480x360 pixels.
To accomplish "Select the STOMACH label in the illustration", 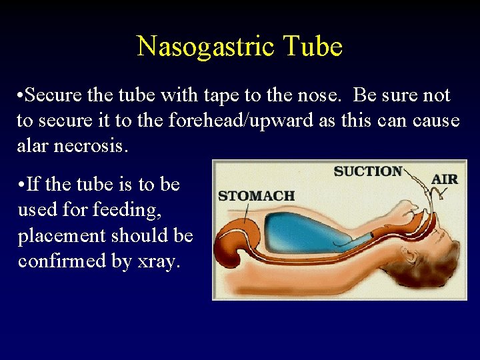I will (256, 196).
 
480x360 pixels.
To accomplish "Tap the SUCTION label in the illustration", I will (368, 171).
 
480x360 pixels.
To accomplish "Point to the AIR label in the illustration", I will (445, 179).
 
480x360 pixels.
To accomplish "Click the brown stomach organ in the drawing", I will (231, 247).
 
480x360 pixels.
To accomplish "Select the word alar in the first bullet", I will (31, 146).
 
